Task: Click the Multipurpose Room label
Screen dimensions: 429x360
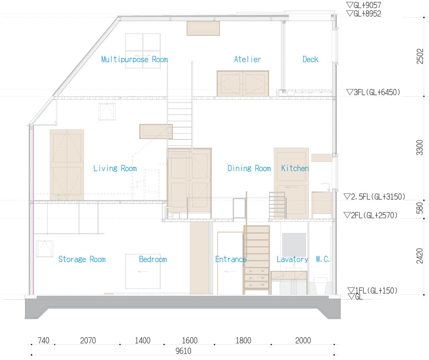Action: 134,60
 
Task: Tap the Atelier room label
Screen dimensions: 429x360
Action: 247,59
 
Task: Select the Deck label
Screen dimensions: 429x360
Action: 310,59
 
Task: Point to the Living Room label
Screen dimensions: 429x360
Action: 115,168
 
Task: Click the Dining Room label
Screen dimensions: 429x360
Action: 249,168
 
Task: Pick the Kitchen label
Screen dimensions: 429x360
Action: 295,168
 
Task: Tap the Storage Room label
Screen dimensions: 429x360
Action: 82,259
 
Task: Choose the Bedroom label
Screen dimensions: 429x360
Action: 153,259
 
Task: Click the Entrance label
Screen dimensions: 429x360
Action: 231,259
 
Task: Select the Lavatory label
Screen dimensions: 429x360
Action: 292,259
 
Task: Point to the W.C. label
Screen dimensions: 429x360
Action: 323,259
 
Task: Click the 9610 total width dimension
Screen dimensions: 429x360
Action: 183,351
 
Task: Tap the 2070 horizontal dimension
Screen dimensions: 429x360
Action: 88,340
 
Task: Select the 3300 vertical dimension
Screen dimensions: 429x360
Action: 420,147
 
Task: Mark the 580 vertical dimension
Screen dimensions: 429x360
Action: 420,208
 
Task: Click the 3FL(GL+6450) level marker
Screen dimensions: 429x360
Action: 373,92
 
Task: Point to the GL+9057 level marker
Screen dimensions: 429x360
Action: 363,5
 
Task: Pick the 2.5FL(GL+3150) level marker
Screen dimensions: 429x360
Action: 374,197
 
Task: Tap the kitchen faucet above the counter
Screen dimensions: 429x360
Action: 326,187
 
